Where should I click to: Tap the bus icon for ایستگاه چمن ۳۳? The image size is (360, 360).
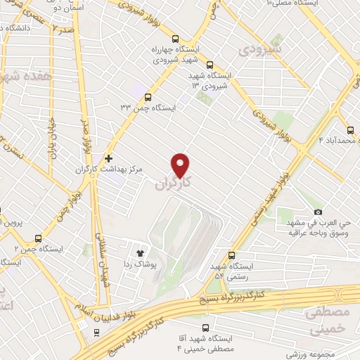(148, 98)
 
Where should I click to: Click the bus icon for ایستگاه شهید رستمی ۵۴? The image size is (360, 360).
(233, 256)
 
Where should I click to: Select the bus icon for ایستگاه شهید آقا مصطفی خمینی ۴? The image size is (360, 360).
(205, 328)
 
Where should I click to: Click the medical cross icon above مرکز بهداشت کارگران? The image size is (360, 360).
(108, 158)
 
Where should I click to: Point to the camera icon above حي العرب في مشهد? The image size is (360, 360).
(318, 212)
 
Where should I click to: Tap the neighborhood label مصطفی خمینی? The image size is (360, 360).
(330, 321)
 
